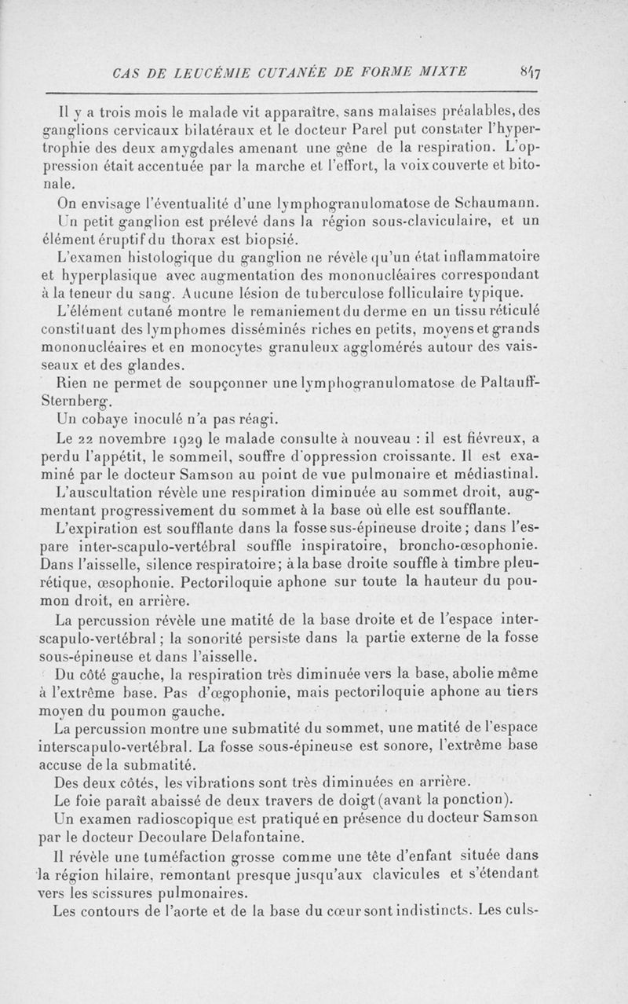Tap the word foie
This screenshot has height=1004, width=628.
[x=97, y=800]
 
